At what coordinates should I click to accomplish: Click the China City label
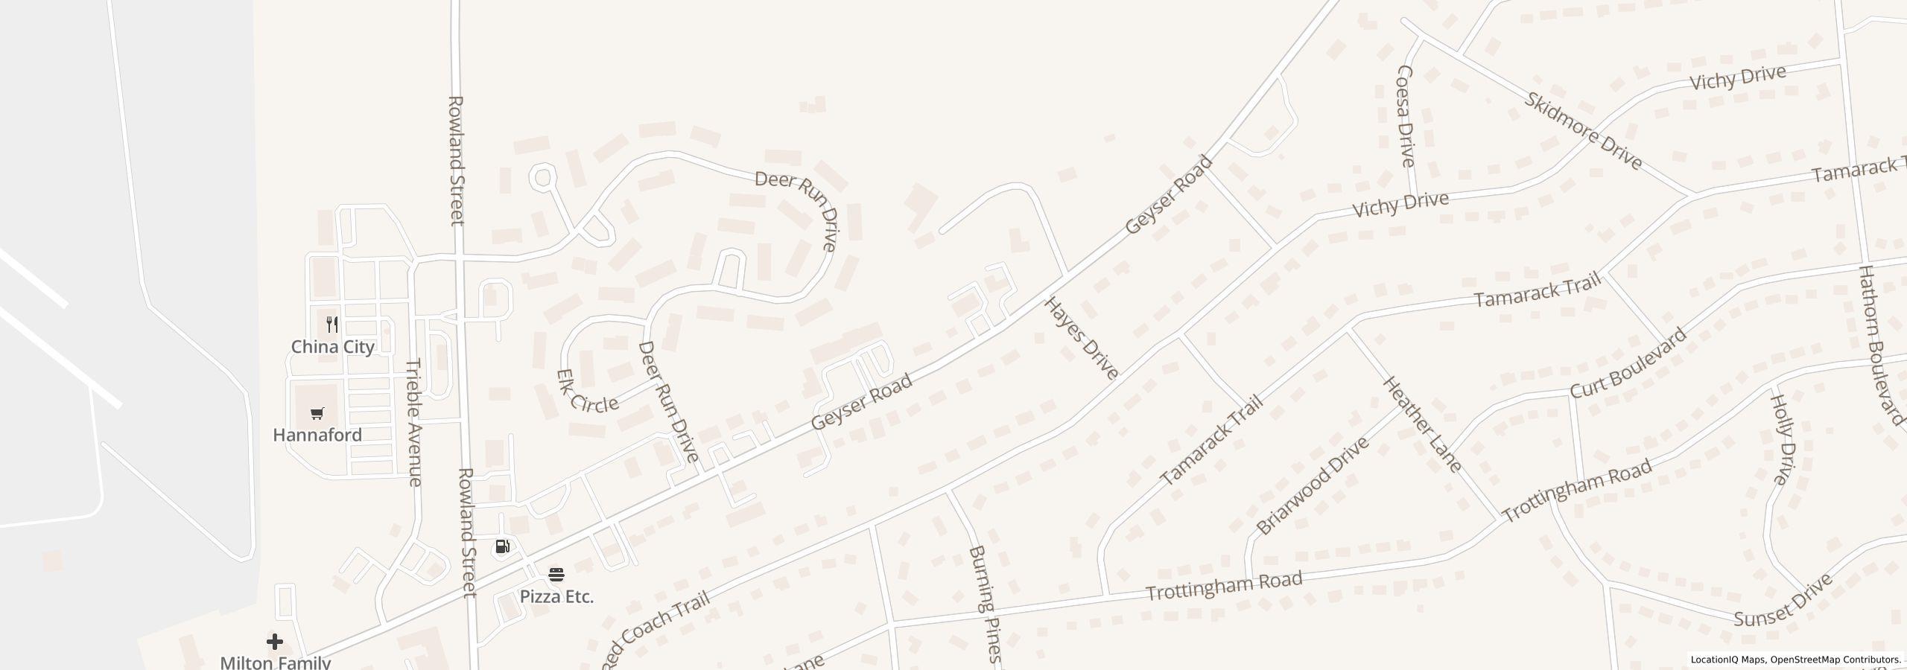332,347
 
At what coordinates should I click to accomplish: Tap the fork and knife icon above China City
332,325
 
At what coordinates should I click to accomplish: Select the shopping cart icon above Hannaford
317,413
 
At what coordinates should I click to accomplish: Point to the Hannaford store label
317,435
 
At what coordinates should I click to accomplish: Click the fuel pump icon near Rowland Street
502,547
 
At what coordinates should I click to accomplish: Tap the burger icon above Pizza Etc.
556,575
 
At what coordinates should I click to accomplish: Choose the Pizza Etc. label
556,597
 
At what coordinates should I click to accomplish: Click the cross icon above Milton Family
275,642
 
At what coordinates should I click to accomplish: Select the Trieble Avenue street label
414,422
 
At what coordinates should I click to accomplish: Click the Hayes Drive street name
1082,338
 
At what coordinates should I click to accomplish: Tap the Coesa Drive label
1405,115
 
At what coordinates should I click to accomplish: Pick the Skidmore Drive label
1583,131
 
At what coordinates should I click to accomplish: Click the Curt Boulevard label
1628,365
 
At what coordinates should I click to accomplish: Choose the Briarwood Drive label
1313,485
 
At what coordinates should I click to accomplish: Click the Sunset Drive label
1782,602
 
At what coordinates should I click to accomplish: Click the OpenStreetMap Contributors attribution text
1835,660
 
